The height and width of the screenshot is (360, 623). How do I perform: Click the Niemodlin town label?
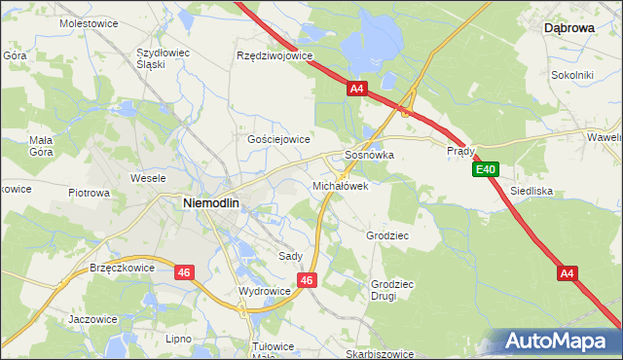[212, 202]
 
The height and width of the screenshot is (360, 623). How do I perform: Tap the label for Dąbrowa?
[568, 29]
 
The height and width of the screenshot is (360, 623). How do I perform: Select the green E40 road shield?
[487, 170]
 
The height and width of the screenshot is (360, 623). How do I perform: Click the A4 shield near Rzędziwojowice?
[356, 89]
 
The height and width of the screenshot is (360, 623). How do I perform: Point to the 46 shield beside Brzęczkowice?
[184, 273]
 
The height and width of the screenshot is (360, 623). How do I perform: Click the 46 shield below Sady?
[307, 280]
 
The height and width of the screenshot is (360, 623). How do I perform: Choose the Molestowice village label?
[89, 21]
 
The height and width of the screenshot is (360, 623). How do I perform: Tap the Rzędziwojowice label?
[275, 55]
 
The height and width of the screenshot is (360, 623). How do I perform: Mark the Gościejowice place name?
[278, 139]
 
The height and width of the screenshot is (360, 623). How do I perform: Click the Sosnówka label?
[369, 155]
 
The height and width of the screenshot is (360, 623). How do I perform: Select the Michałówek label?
[340, 185]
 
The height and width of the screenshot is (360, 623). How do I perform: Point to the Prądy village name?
[460, 152]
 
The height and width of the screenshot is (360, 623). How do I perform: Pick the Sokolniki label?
[572, 74]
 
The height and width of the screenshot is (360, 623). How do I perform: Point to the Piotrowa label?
[89, 193]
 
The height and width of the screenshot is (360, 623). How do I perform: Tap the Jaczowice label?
[92, 318]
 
